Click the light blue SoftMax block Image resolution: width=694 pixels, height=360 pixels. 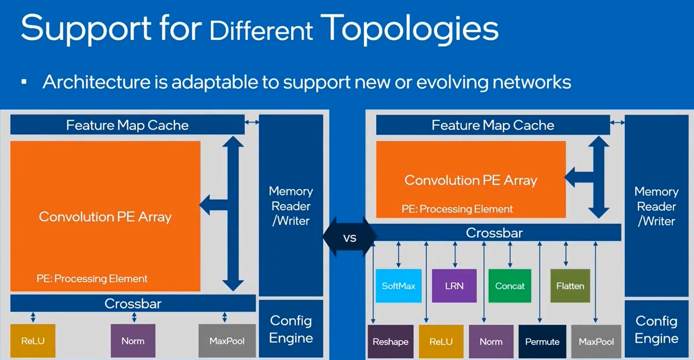(399, 286)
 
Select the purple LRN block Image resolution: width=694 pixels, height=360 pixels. (454, 286)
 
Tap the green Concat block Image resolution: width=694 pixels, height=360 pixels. (510, 286)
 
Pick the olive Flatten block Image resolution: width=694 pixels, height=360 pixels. (570, 286)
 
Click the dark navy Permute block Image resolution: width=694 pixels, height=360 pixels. (542, 342)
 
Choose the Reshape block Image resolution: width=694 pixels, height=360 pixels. (391, 342)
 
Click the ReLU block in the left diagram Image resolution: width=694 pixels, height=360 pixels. (33, 341)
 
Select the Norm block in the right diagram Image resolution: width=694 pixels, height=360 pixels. (491, 342)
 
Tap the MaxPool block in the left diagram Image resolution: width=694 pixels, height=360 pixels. (227, 341)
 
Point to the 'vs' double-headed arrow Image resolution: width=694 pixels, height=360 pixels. (350, 237)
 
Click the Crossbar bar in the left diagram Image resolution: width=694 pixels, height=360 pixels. (133, 303)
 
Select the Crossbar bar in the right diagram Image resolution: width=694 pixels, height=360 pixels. (494, 233)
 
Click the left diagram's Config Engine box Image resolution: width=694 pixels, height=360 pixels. (291, 329)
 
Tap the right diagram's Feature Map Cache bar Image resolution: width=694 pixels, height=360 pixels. (493, 125)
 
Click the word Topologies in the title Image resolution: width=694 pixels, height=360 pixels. (409, 29)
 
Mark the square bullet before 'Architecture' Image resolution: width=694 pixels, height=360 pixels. (24, 82)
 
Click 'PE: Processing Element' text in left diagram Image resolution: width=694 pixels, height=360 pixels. (92, 278)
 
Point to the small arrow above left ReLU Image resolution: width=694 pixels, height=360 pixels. (33, 317)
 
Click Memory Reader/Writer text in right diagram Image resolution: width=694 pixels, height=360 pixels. (656, 206)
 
